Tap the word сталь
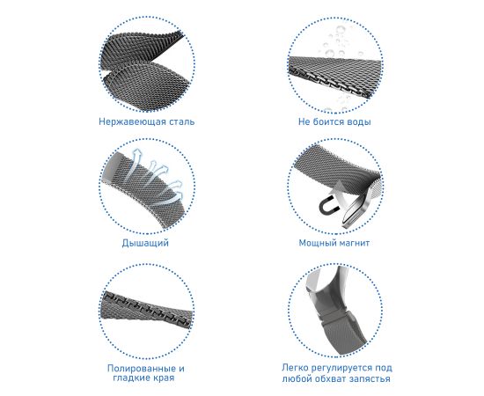[182, 121]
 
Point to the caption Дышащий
[145, 243]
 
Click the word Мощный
[317, 243]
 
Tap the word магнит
[354, 243]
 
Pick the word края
[164, 378]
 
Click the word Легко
[295, 368]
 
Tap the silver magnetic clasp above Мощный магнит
[355, 210]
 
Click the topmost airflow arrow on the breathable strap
[136, 158]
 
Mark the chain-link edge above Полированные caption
[148, 309]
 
